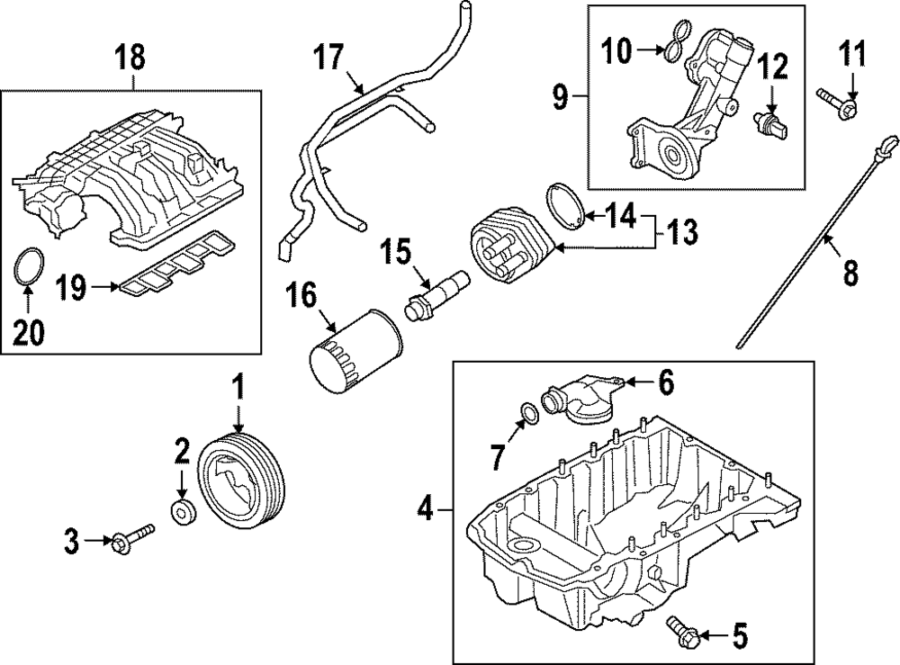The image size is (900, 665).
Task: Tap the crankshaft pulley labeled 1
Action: click(240, 484)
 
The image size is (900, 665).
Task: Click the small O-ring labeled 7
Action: click(530, 413)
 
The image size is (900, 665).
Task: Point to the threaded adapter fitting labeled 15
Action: click(436, 293)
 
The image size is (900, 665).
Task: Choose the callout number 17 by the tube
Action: click(329, 58)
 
